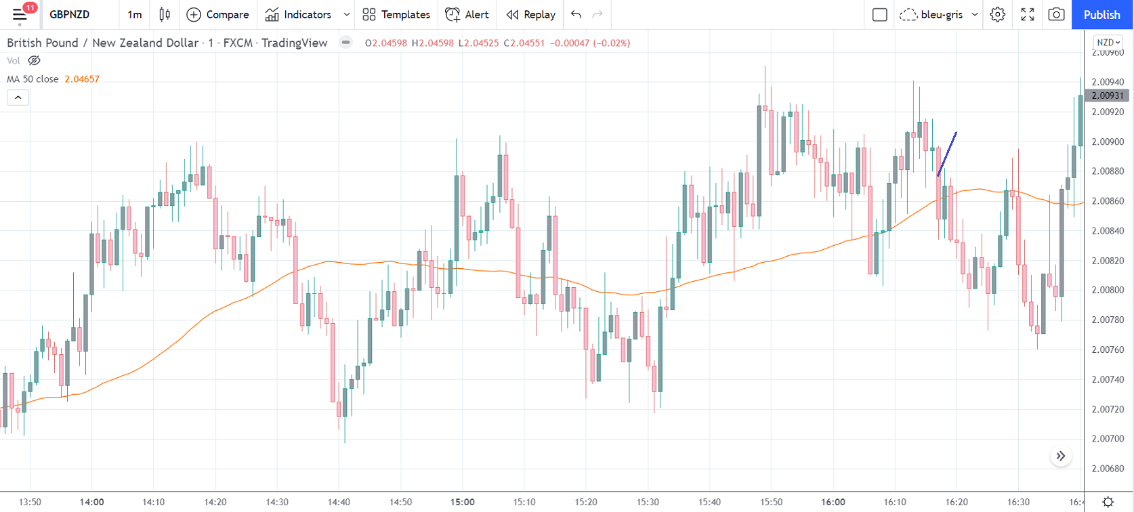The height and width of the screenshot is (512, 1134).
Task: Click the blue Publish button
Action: [1101, 14]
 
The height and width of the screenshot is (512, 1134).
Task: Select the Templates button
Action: [396, 14]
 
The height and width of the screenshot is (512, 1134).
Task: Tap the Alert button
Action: [467, 14]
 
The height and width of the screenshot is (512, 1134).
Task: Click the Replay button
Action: [531, 14]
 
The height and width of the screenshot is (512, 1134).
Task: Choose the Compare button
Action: [217, 14]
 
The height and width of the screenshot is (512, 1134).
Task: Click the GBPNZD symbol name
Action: [69, 14]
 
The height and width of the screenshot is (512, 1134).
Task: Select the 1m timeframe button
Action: [135, 14]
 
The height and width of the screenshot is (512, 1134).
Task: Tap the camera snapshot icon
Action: [1056, 14]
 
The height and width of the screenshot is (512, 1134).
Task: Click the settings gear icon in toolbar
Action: [997, 14]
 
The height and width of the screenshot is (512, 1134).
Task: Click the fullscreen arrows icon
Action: [1028, 14]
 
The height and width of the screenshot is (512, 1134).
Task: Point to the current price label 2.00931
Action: [1108, 95]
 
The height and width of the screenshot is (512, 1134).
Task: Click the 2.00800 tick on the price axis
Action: [1108, 290]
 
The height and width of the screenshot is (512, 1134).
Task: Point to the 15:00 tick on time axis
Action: [463, 502]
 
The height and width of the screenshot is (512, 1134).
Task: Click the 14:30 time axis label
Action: [277, 502]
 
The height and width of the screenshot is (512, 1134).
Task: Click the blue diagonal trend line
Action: [947, 154]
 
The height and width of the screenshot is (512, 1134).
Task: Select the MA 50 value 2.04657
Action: [82, 79]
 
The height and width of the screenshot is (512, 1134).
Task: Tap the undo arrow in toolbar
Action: [576, 14]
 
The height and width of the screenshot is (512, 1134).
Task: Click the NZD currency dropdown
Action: [1108, 42]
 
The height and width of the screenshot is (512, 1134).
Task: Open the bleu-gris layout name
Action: [942, 14]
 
